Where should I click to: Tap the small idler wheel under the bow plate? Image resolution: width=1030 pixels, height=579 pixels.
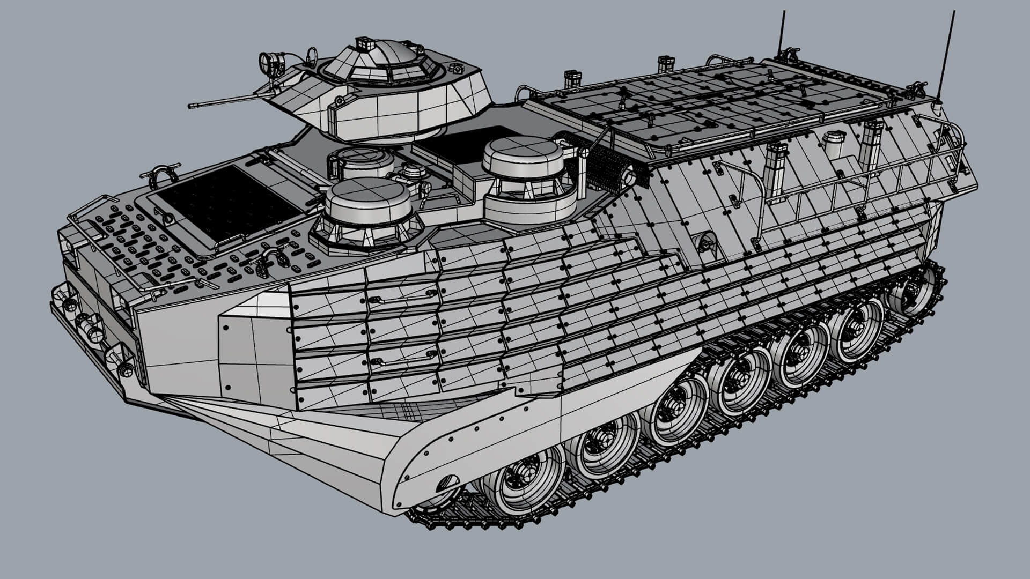(441, 487)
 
